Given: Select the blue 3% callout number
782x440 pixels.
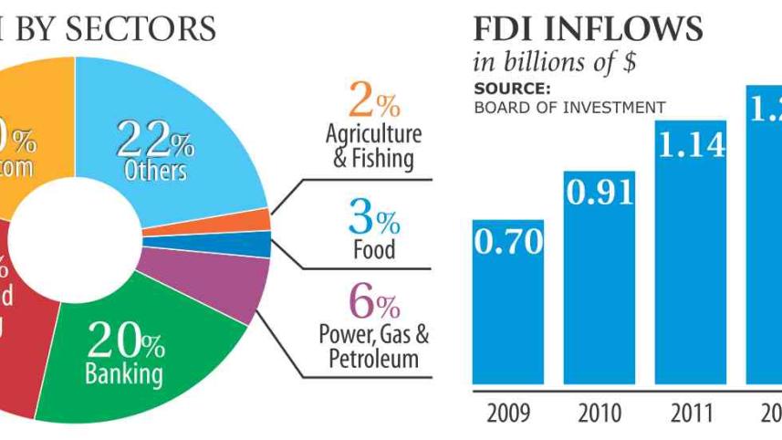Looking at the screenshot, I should tap(373, 219).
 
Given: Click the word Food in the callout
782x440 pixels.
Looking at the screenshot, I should tap(374, 249).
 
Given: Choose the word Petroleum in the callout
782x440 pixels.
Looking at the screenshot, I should tap(374, 359).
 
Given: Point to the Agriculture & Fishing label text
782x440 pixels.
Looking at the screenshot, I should tap(374, 146).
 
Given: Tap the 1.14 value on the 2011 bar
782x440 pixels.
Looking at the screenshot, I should tap(691, 144).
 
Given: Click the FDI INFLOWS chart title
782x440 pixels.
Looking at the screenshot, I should tap(588, 29).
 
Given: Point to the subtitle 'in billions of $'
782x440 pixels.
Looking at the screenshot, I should tap(554, 64).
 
